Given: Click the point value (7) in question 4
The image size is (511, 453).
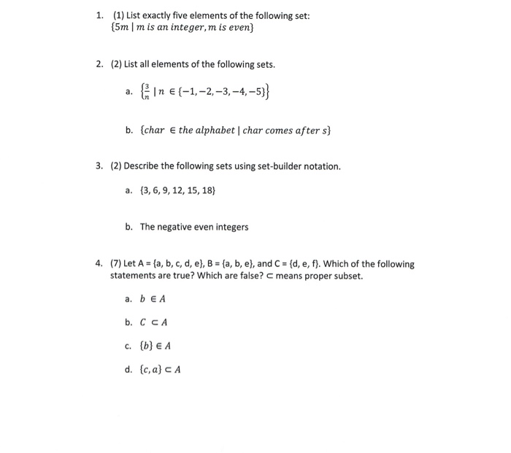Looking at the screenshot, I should (x=117, y=264).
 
